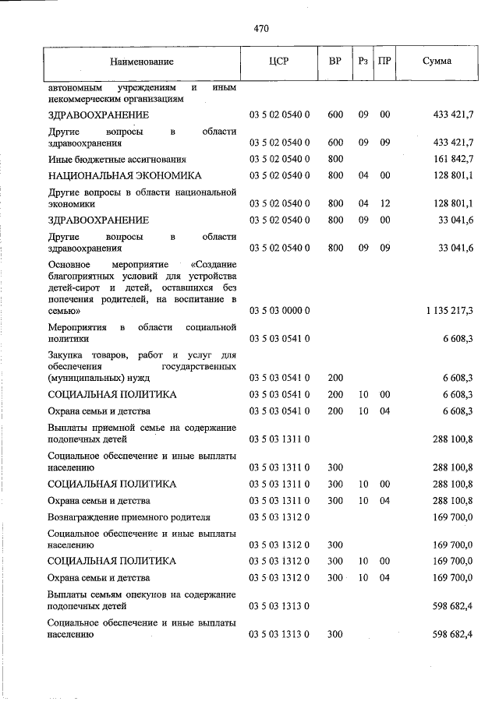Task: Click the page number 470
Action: point(260,29)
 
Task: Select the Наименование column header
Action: point(141,61)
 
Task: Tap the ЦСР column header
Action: point(278,61)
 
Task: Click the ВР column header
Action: point(335,61)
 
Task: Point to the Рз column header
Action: point(363,61)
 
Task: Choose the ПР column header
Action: point(384,61)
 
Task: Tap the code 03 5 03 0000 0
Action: point(279,311)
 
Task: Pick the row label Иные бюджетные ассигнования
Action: point(104,159)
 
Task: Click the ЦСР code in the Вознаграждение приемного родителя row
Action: point(279,516)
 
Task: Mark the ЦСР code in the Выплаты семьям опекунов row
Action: point(279,605)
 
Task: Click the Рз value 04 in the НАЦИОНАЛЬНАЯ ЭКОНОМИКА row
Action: point(363,176)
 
